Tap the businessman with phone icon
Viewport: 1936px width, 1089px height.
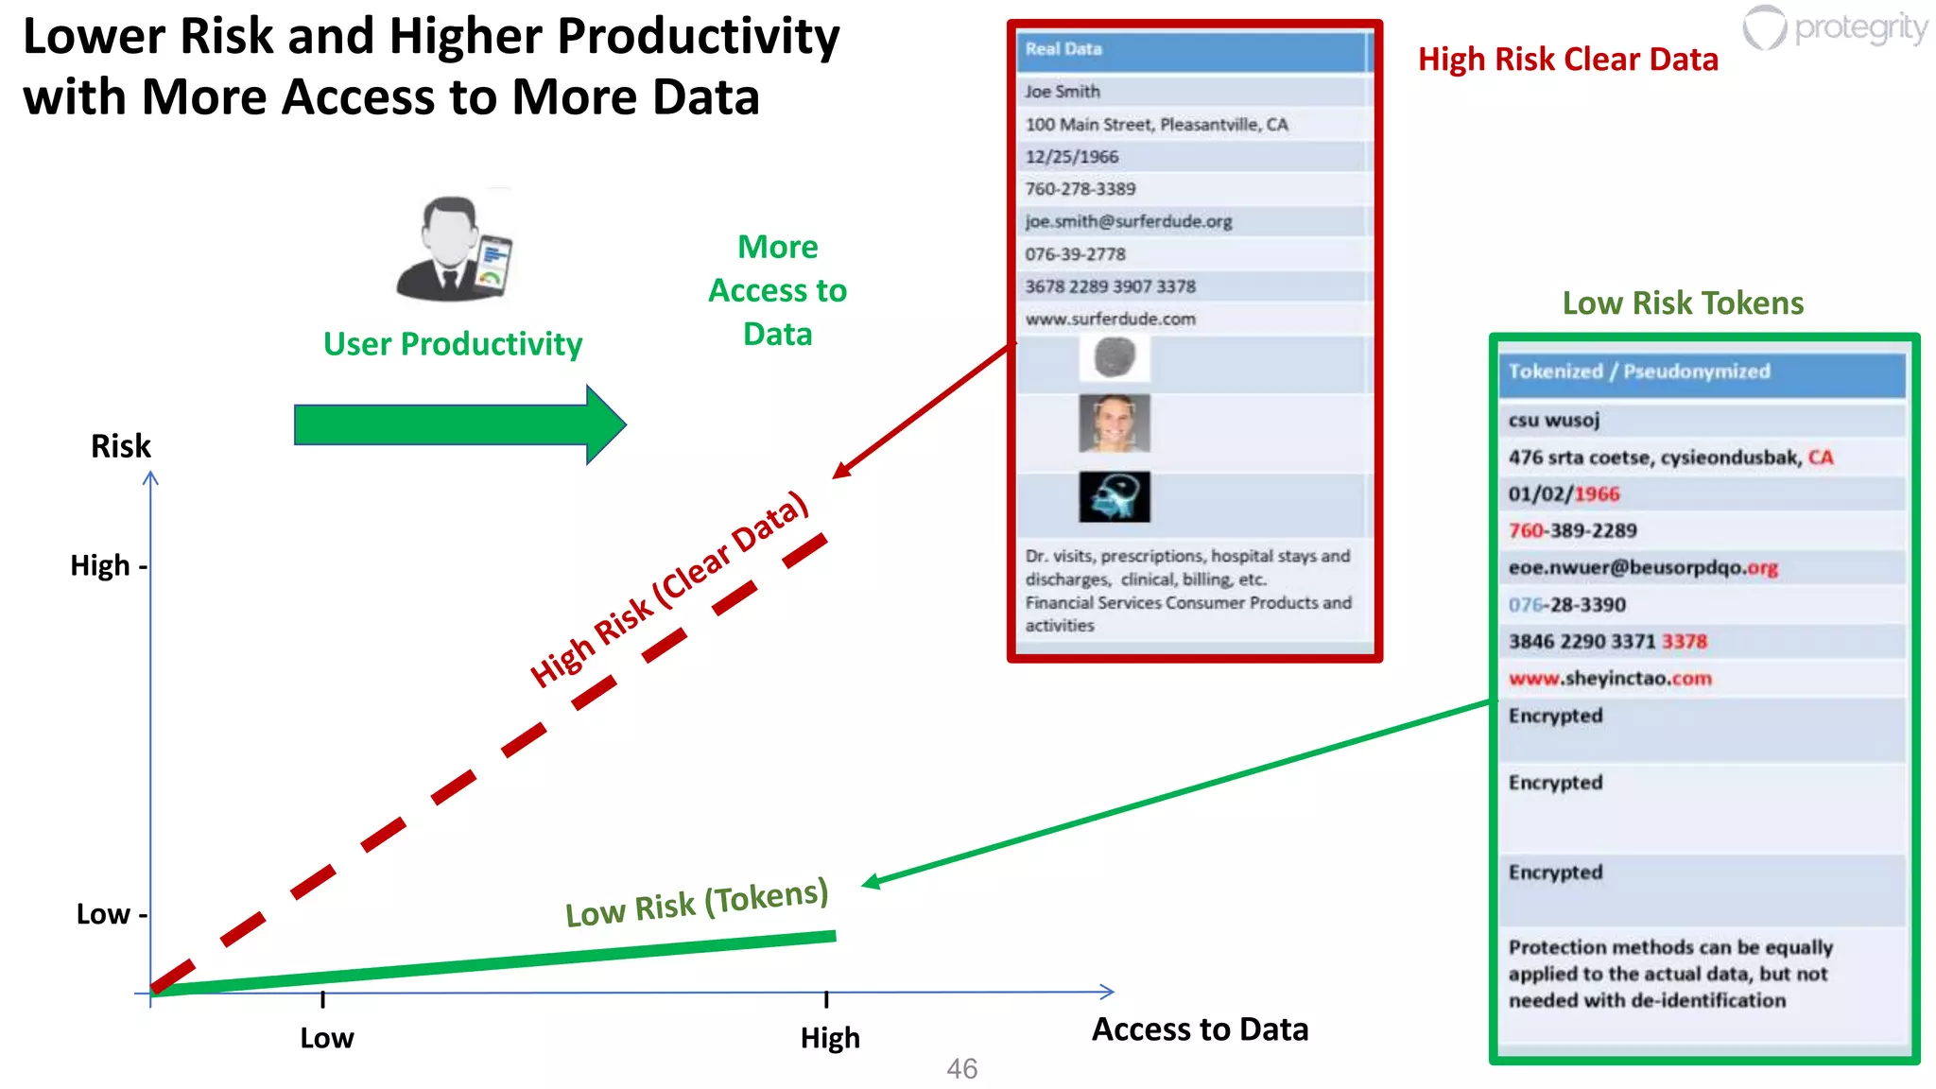tap(455, 250)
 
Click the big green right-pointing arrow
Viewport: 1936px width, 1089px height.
tap(459, 424)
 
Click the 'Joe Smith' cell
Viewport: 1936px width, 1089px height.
tap(1063, 92)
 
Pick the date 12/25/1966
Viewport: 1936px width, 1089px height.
tap(1072, 157)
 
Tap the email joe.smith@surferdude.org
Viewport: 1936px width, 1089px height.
tap(1129, 221)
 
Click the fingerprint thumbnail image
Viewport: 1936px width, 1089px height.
tap(1115, 358)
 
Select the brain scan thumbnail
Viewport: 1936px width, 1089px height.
tap(1115, 497)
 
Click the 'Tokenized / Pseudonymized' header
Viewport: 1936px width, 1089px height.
tap(1639, 372)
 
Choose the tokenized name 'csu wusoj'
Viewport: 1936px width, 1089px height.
tap(1554, 420)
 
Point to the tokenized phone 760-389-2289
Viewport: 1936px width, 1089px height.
tap(1573, 530)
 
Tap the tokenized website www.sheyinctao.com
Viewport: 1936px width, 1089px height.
tap(1610, 679)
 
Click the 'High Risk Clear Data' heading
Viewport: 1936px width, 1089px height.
tap(1567, 60)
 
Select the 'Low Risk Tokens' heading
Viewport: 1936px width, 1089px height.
tap(1683, 302)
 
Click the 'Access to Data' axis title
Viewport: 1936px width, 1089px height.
tap(1200, 1029)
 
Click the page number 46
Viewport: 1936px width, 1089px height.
tap(961, 1069)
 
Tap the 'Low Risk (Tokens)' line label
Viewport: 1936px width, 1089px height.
tap(697, 903)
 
